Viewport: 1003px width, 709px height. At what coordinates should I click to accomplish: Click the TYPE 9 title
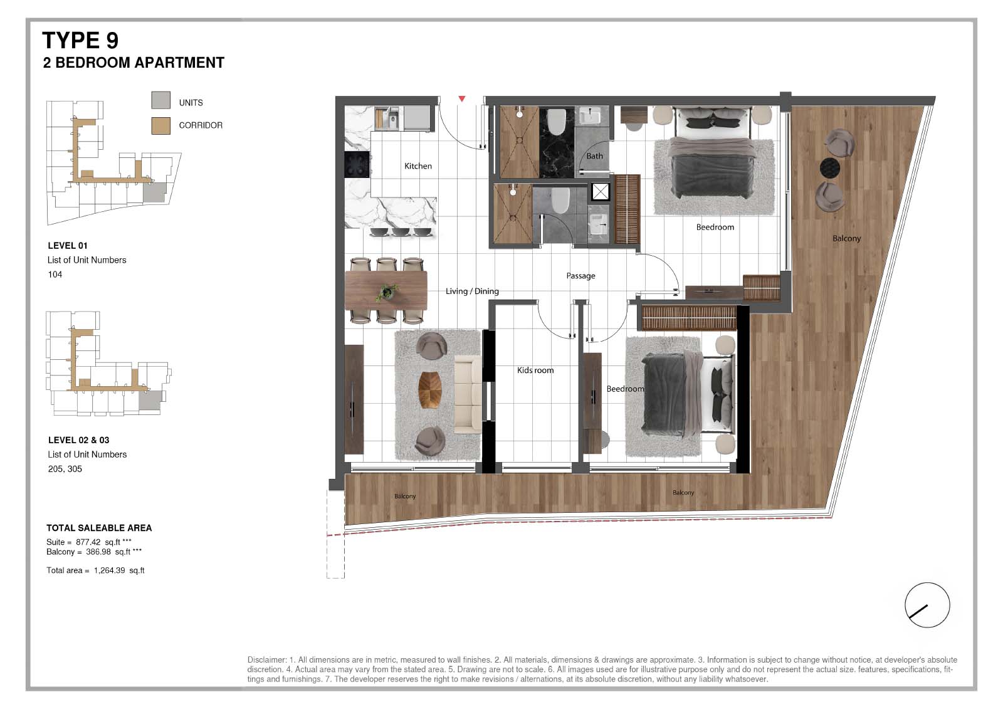point(80,40)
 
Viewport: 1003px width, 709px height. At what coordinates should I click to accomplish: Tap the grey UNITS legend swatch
point(160,100)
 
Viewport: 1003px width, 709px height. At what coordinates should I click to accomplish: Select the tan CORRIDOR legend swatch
point(160,126)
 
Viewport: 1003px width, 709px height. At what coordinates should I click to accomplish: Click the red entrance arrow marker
point(461,98)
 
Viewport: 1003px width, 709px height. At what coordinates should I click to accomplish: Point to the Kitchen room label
point(417,166)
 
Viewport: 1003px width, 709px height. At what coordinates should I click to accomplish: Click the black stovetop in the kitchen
point(357,164)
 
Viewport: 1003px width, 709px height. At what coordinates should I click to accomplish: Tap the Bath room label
point(594,156)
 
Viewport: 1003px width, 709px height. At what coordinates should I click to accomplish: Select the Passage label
point(580,276)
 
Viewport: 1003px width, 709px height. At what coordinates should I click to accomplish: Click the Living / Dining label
point(472,291)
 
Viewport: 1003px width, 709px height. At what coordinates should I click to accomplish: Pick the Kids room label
point(535,370)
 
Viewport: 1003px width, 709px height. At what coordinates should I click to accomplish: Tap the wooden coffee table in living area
point(430,390)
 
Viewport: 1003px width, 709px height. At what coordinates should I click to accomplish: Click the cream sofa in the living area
point(468,394)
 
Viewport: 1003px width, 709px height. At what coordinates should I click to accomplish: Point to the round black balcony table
point(829,168)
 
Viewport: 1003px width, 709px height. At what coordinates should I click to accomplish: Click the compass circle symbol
point(927,605)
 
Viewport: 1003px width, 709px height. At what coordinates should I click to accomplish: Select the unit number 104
point(55,275)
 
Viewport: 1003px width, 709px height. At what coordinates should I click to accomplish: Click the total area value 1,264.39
point(109,570)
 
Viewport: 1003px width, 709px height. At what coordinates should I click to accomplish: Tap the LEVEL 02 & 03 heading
point(79,440)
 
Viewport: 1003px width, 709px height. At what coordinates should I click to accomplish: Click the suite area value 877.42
point(88,542)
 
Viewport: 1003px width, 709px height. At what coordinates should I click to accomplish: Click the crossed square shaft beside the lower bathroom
point(600,192)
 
